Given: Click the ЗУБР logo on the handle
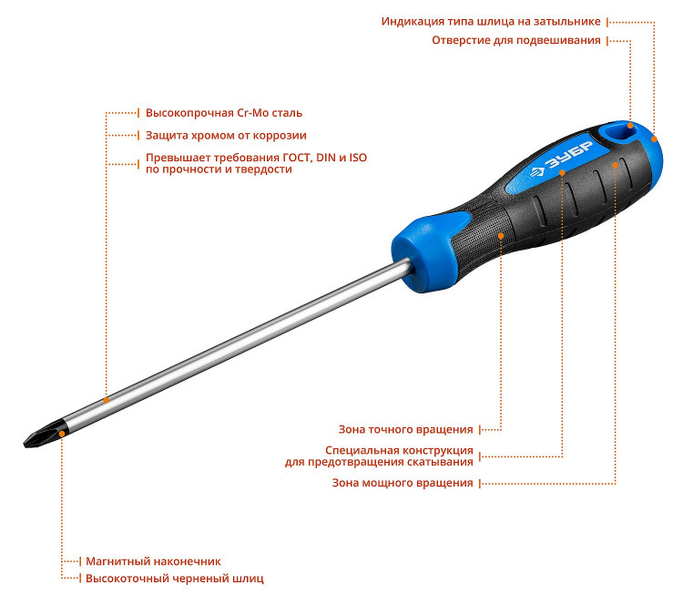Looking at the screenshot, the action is [561, 159].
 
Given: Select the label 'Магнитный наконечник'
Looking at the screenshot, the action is [153, 561].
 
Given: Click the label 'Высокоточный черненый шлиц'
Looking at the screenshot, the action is [174, 579].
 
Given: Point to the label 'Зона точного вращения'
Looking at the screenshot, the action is [405, 430].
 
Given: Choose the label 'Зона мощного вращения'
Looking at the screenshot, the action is [402, 483].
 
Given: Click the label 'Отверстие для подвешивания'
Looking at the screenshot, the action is [516, 40].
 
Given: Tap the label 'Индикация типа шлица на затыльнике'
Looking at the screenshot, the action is [491, 22].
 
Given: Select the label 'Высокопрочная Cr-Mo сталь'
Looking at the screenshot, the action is [224, 113].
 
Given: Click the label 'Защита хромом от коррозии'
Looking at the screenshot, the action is [226, 136].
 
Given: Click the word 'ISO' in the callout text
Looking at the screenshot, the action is [358, 158].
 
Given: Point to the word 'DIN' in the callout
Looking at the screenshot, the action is [326, 158].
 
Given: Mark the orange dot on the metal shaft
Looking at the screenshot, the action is [107, 400].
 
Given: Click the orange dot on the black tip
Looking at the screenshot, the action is [62, 434].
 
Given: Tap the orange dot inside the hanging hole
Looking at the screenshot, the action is [630, 126].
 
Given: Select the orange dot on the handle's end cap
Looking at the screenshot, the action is [654, 139].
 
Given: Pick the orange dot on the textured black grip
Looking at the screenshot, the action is [501, 236].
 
